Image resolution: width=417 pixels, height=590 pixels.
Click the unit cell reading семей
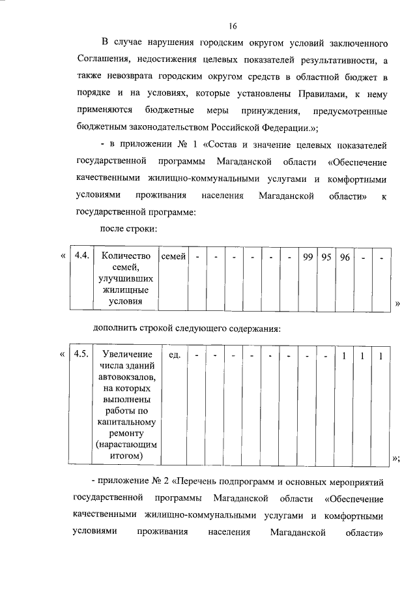click(x=173, y=256)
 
